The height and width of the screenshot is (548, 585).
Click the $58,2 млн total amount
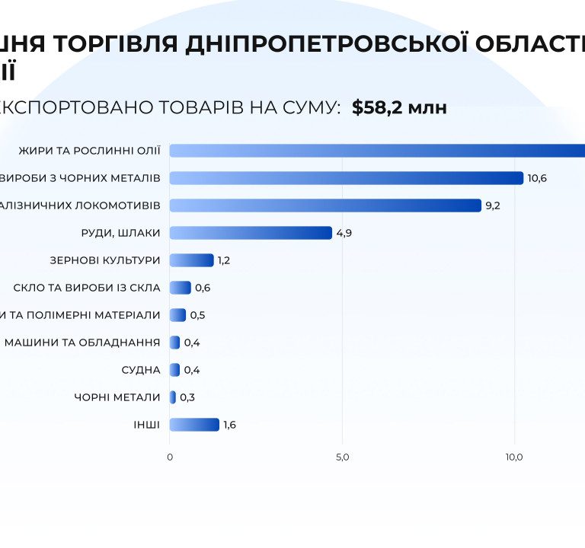coord(399,108)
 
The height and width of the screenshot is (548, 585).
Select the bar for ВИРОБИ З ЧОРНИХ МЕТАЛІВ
coord(346,178)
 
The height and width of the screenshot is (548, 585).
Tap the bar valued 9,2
coord(325,205)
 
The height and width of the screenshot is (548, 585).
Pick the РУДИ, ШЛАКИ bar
coord(251,233)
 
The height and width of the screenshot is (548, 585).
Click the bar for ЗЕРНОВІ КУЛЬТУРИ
coord(191,260)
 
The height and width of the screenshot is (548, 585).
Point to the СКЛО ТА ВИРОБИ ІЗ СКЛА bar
coord(180,288)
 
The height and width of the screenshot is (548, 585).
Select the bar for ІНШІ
coord(194,425)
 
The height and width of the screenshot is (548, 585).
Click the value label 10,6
coord(537,178)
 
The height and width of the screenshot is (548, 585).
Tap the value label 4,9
coord(344,233)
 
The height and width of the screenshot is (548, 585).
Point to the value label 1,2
coord(224,260)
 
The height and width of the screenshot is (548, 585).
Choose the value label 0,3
coord(187,397)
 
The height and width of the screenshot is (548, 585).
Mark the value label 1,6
coord(229,425)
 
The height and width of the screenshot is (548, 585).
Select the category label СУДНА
coord(141,370)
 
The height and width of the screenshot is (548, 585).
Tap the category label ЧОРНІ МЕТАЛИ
coord(117,397)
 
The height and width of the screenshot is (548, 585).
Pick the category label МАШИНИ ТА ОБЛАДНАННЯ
coord(82,342)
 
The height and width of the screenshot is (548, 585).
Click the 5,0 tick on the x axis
coord(342,457)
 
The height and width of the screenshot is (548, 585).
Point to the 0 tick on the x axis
coord(170,457)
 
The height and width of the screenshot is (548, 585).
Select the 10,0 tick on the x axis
coord(514,457)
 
